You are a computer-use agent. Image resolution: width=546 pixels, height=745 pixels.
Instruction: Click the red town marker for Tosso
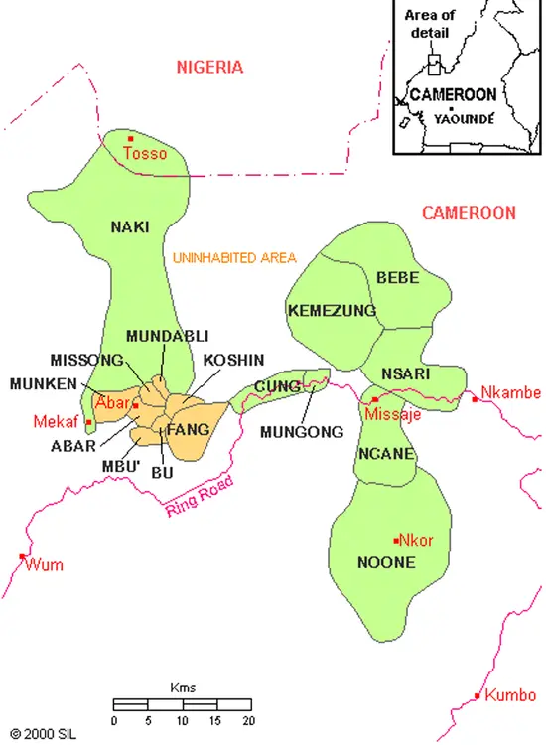(130, 139)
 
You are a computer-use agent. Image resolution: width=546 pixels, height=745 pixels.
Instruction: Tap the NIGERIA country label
(209, 68)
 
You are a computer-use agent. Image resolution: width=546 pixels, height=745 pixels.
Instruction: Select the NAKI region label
(130, 226)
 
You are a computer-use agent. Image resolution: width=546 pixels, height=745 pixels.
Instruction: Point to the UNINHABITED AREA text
(234, 258)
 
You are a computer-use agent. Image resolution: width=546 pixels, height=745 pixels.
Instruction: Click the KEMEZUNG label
(332, 311)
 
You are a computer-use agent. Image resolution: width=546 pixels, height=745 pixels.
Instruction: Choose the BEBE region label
(398, 277)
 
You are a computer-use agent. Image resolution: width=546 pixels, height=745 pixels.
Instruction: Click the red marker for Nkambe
(476, 399)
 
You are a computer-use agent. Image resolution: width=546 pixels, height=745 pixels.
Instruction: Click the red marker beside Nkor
(396, 540)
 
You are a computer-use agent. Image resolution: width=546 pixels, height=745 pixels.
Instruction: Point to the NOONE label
(385, 561)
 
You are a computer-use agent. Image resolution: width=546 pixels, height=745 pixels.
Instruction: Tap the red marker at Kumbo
(478, 695)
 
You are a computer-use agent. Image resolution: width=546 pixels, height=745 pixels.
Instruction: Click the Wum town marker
(22, 556)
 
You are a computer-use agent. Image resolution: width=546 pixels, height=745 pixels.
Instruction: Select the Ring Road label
(192, 497)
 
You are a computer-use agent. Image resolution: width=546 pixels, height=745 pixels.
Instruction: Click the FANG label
(188, 430)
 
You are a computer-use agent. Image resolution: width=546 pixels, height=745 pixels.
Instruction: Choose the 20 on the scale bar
(248, 720)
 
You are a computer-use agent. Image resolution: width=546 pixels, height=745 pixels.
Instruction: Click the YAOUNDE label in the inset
(464, 117)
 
